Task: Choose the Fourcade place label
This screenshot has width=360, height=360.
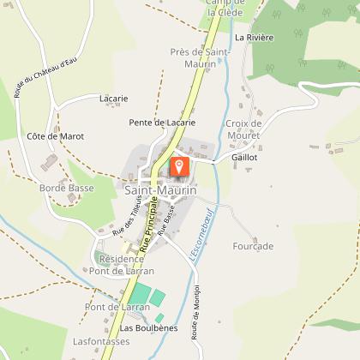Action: (253, 246)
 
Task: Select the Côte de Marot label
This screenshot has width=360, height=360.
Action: (55, 135)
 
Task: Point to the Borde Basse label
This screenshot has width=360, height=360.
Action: (66, 187)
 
